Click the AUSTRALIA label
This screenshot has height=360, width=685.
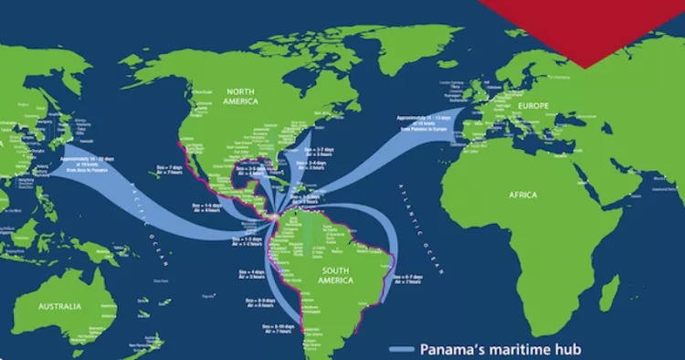(58, 308)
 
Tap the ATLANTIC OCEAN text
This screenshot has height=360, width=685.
(422, 206)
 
